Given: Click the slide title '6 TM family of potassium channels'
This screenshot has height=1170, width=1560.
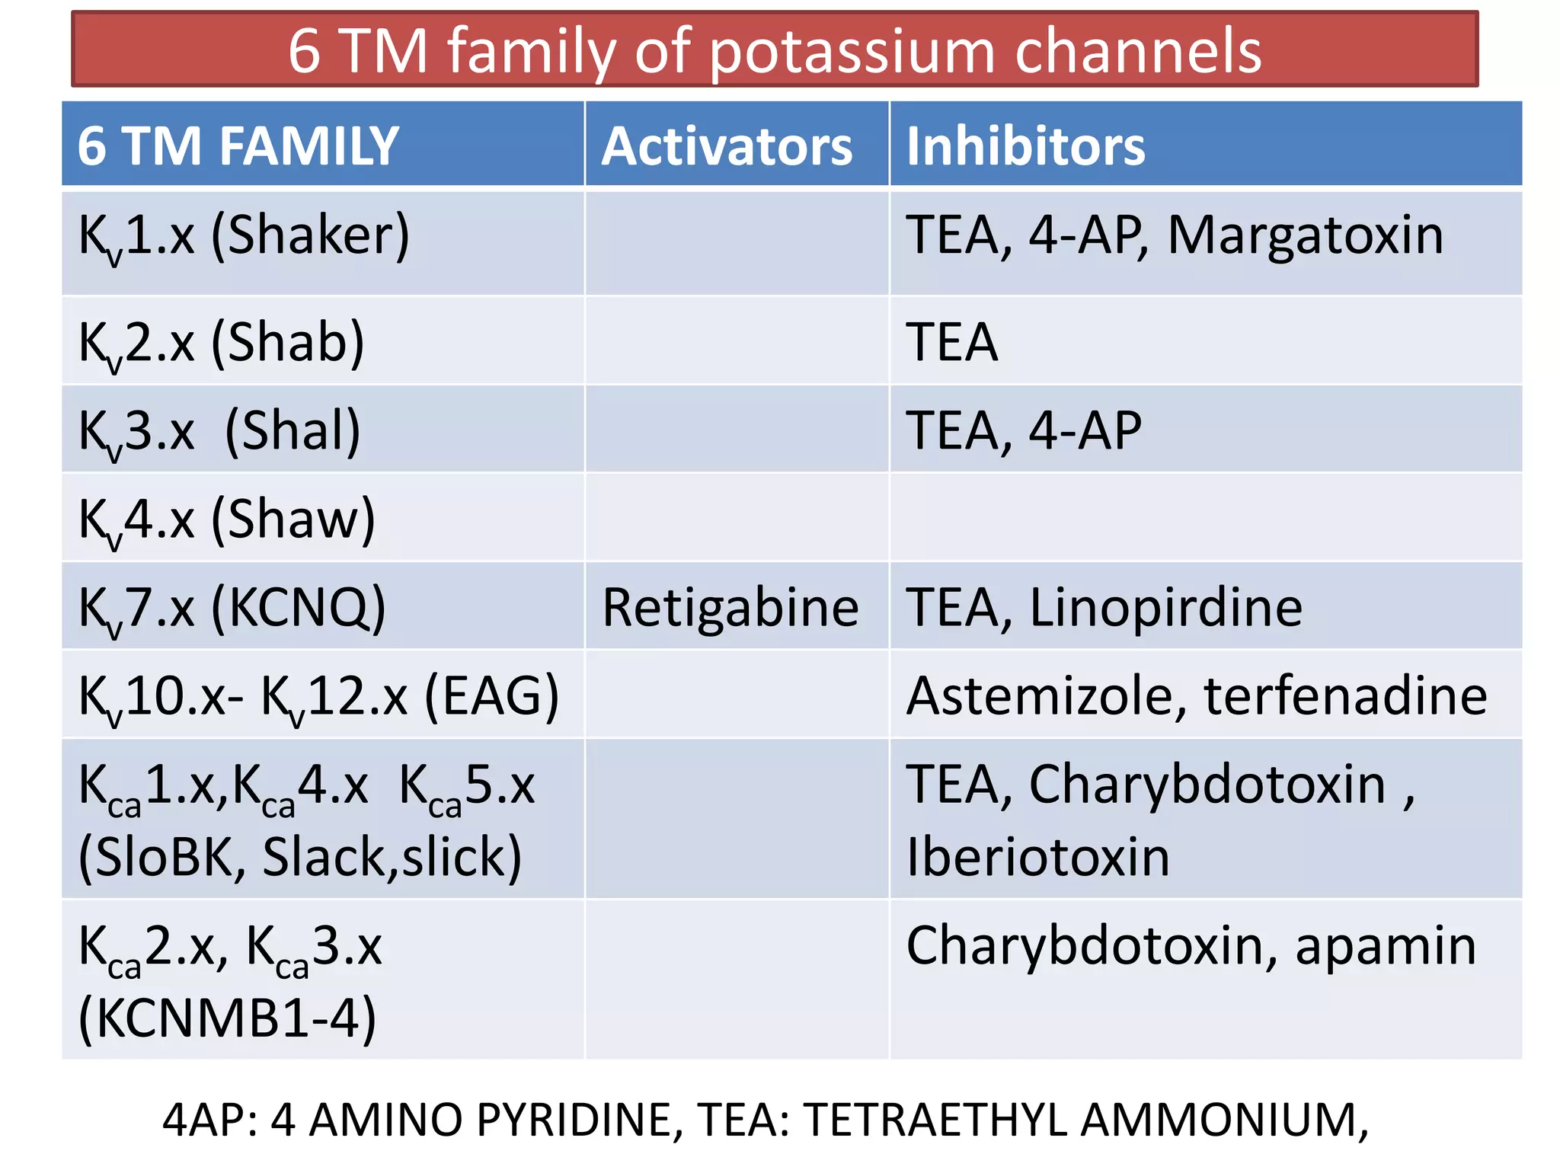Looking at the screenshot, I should pyautogui.click(x=775, y=50).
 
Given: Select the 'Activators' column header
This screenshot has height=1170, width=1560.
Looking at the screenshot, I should pyautogui.click(x=727, y=146).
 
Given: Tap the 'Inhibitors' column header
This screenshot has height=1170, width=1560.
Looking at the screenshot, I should pyautogui.click(x=1025, y=146).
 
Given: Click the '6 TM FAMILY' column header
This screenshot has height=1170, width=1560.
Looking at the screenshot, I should pyautogui.click(x=238, y=146).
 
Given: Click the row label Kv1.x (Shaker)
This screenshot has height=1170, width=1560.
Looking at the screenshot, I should pyautogui.click(x=244, y=236).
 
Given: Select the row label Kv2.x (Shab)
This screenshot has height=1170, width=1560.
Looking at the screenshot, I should pyautogui.click(x=222, y=343).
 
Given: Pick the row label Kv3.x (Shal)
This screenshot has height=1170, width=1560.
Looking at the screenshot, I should pyautogui.click(x=219, y=431).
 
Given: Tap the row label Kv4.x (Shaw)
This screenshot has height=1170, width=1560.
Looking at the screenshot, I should pyautogui.click(x=227, y=519).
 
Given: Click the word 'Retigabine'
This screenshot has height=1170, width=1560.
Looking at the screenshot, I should pyautogui.click(x=730, y=609).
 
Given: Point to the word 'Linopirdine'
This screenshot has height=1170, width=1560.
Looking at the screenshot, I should pyautogui.click(x=1165, y=608).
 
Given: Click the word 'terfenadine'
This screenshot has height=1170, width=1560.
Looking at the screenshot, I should pyautogui.click(x=1345, y=696).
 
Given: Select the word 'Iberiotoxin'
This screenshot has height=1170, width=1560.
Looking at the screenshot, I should pyautogui.click(x=1037, y=858).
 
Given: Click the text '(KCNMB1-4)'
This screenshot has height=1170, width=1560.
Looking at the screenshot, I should pyautogui.click(x=227, y=1018).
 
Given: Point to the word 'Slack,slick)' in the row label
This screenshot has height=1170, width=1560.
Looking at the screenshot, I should pyautogui.click(x=392, y=858).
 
